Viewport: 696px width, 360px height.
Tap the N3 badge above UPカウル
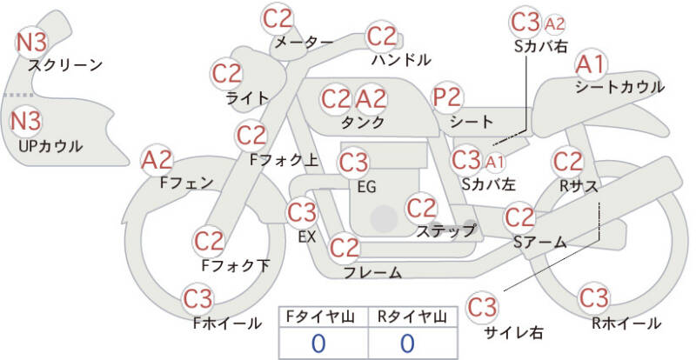[25, 121]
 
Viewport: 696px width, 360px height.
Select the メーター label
[304, 42]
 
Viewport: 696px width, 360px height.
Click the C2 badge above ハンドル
[382, 37]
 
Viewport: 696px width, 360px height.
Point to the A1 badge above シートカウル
[591, 65]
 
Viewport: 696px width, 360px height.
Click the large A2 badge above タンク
[371, 99]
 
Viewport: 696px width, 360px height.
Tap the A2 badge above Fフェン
[157, 160]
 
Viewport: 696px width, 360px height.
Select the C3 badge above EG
[353, 163]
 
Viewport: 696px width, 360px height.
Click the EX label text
[307, 237]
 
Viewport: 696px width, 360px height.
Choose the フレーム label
[373, 272]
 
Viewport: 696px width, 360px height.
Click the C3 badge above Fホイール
[198, 299]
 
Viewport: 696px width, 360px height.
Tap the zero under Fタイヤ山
[318, 343]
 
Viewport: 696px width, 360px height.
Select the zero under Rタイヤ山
[407, 343]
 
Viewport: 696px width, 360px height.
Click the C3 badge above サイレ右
[482, 307]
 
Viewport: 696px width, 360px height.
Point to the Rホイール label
[626, 323]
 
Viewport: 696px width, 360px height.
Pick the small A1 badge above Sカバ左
[494, 163]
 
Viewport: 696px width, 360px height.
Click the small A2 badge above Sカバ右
[554, 24]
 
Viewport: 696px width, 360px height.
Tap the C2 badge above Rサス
[568, 162]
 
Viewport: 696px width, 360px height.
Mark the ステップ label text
[445, 230]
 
